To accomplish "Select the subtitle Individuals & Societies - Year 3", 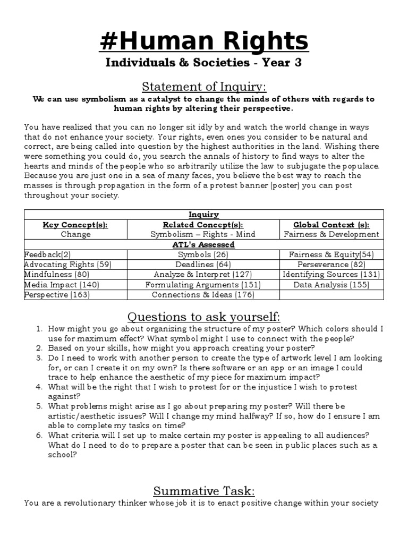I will click(203, 63).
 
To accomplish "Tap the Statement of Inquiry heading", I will click(203, 86).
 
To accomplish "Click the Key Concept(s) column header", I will click(75, 225).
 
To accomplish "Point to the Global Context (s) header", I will click(331, 225).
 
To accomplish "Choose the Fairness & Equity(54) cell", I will click(331, 254).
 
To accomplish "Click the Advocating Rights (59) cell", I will click(67, 265).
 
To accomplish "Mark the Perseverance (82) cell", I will click(331, 265).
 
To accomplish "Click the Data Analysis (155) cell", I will click(331, 285).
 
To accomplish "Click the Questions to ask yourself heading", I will click(203, 317).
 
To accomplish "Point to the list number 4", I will click(39, 387).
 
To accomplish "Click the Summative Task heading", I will click(203, 490).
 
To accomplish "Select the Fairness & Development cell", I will click(331, 234).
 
